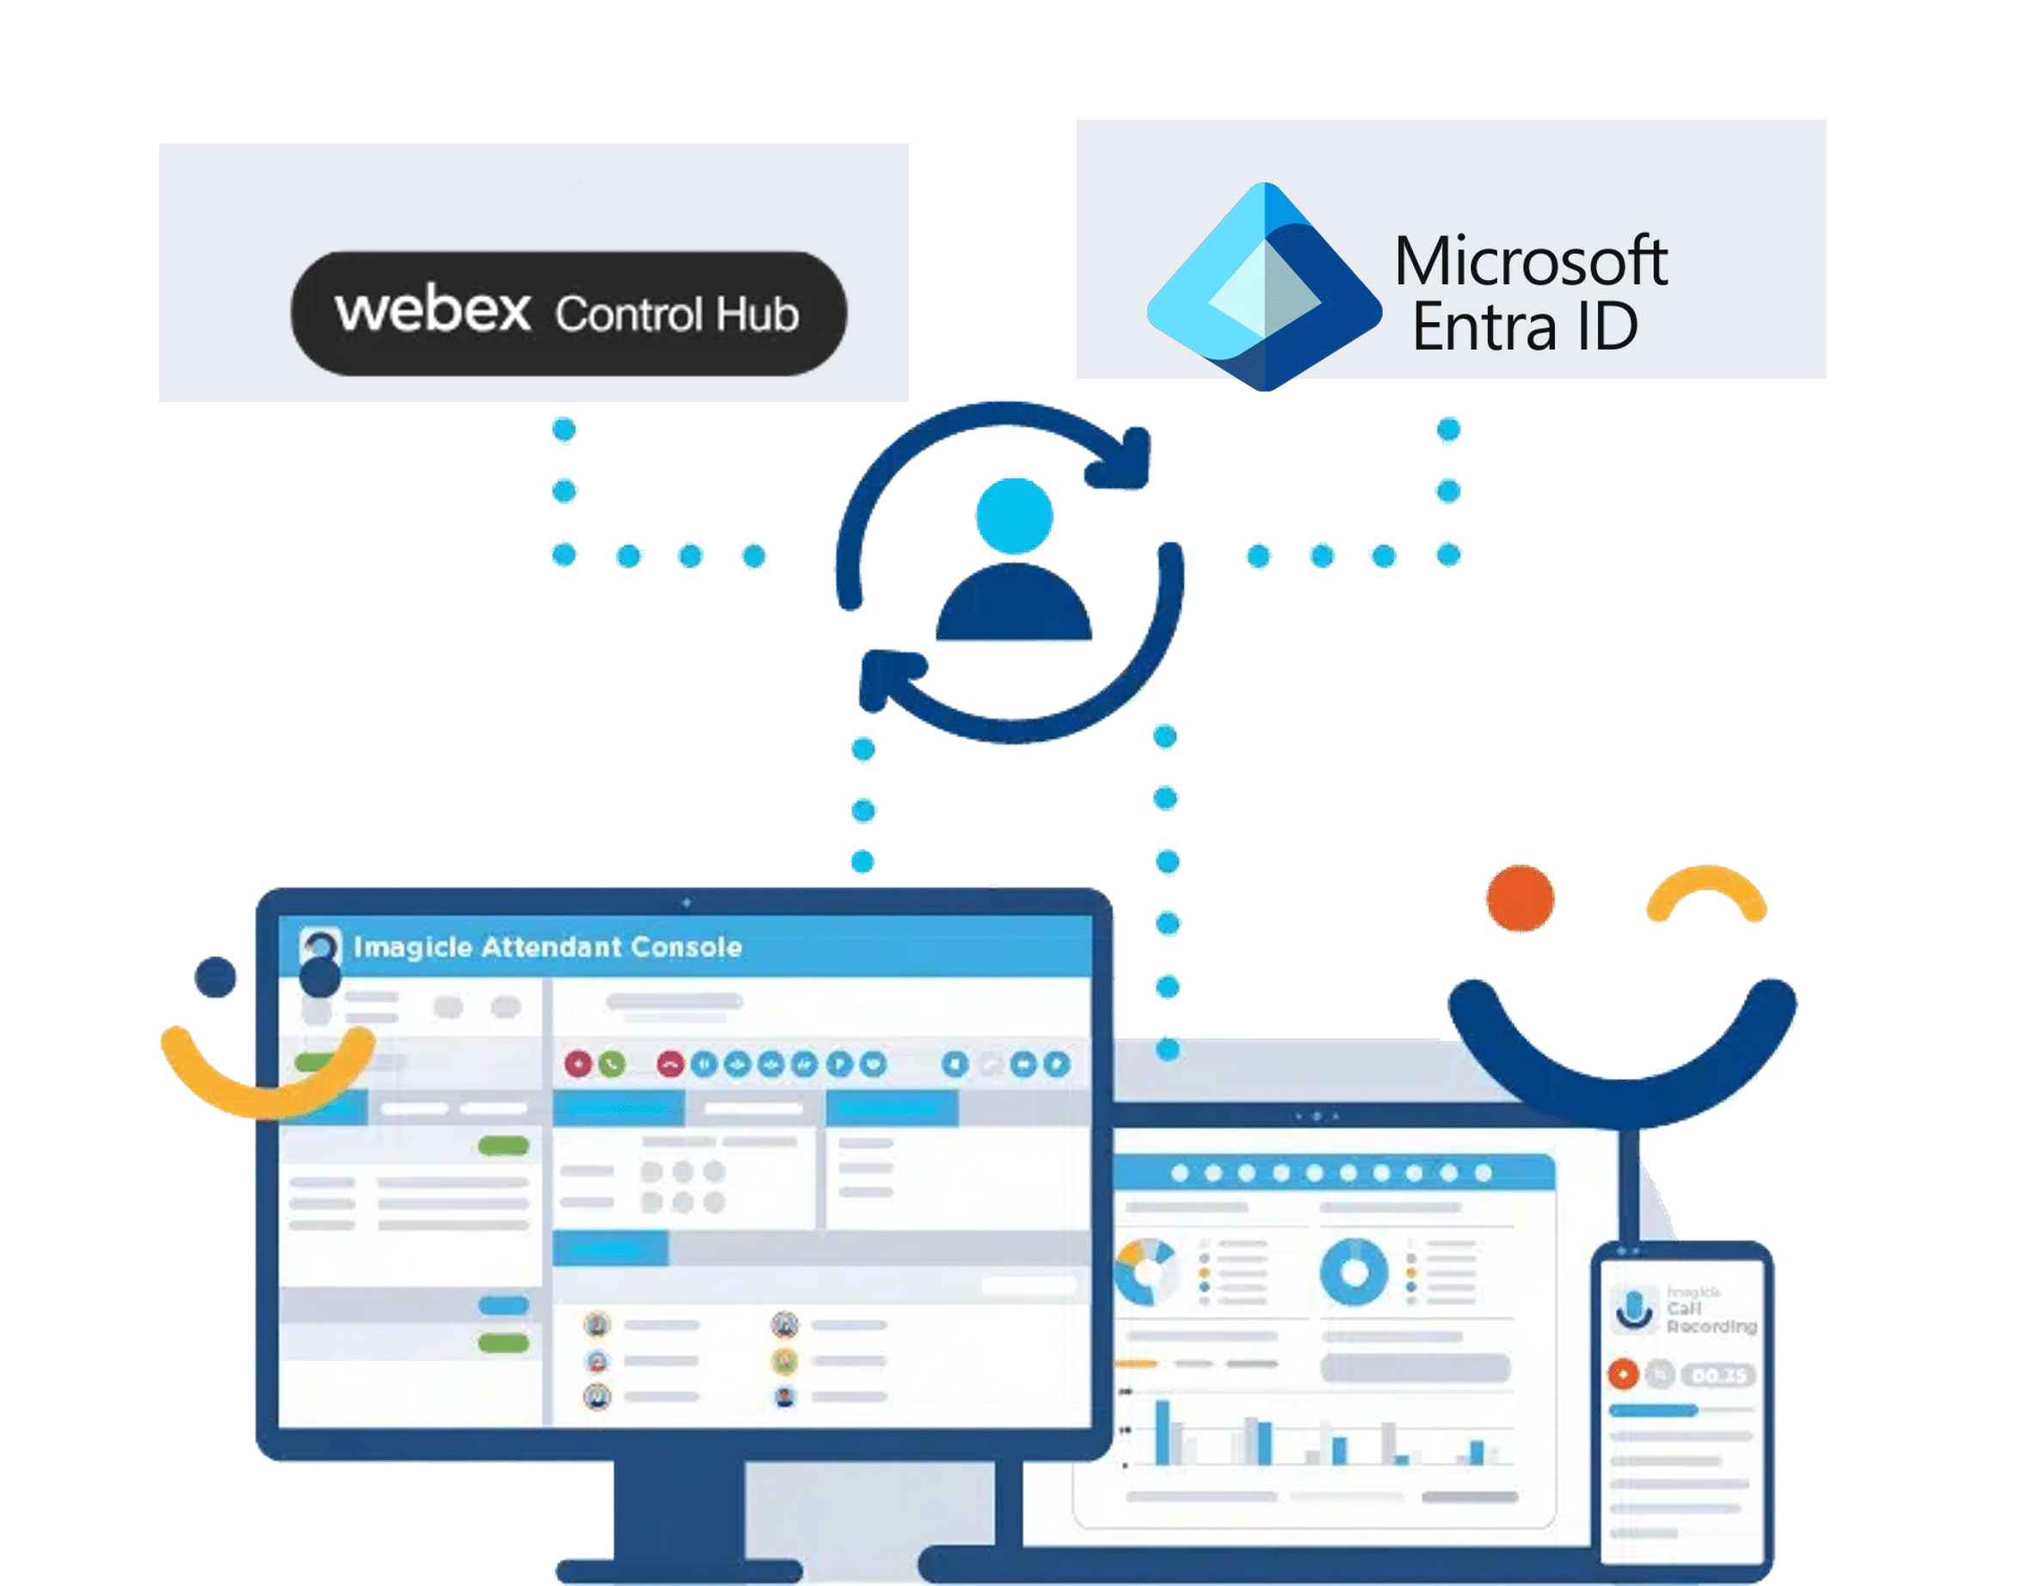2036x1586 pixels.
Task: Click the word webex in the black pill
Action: click(x=433, y=310)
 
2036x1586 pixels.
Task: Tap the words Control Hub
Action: click(x=677, y=315)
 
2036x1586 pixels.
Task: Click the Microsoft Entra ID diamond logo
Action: click(x=1263, y=287)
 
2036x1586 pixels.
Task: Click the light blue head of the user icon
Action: click(x=1014, y=515)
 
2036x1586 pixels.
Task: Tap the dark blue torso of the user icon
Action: click(x=1014, y=608)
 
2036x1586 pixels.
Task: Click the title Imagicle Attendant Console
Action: click(x=547, y=948)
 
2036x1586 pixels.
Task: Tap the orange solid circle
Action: click(x=1521, y=898)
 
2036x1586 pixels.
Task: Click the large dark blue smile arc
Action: click(x=1622, y=1072)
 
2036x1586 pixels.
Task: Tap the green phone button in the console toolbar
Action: click(x=612, y=1064)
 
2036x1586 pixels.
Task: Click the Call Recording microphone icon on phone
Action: click(x=1632, y=1309)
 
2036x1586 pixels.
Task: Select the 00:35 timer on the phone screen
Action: click(x=1718, y=1376)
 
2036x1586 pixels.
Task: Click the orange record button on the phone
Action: click(x=1623, y=1375)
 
